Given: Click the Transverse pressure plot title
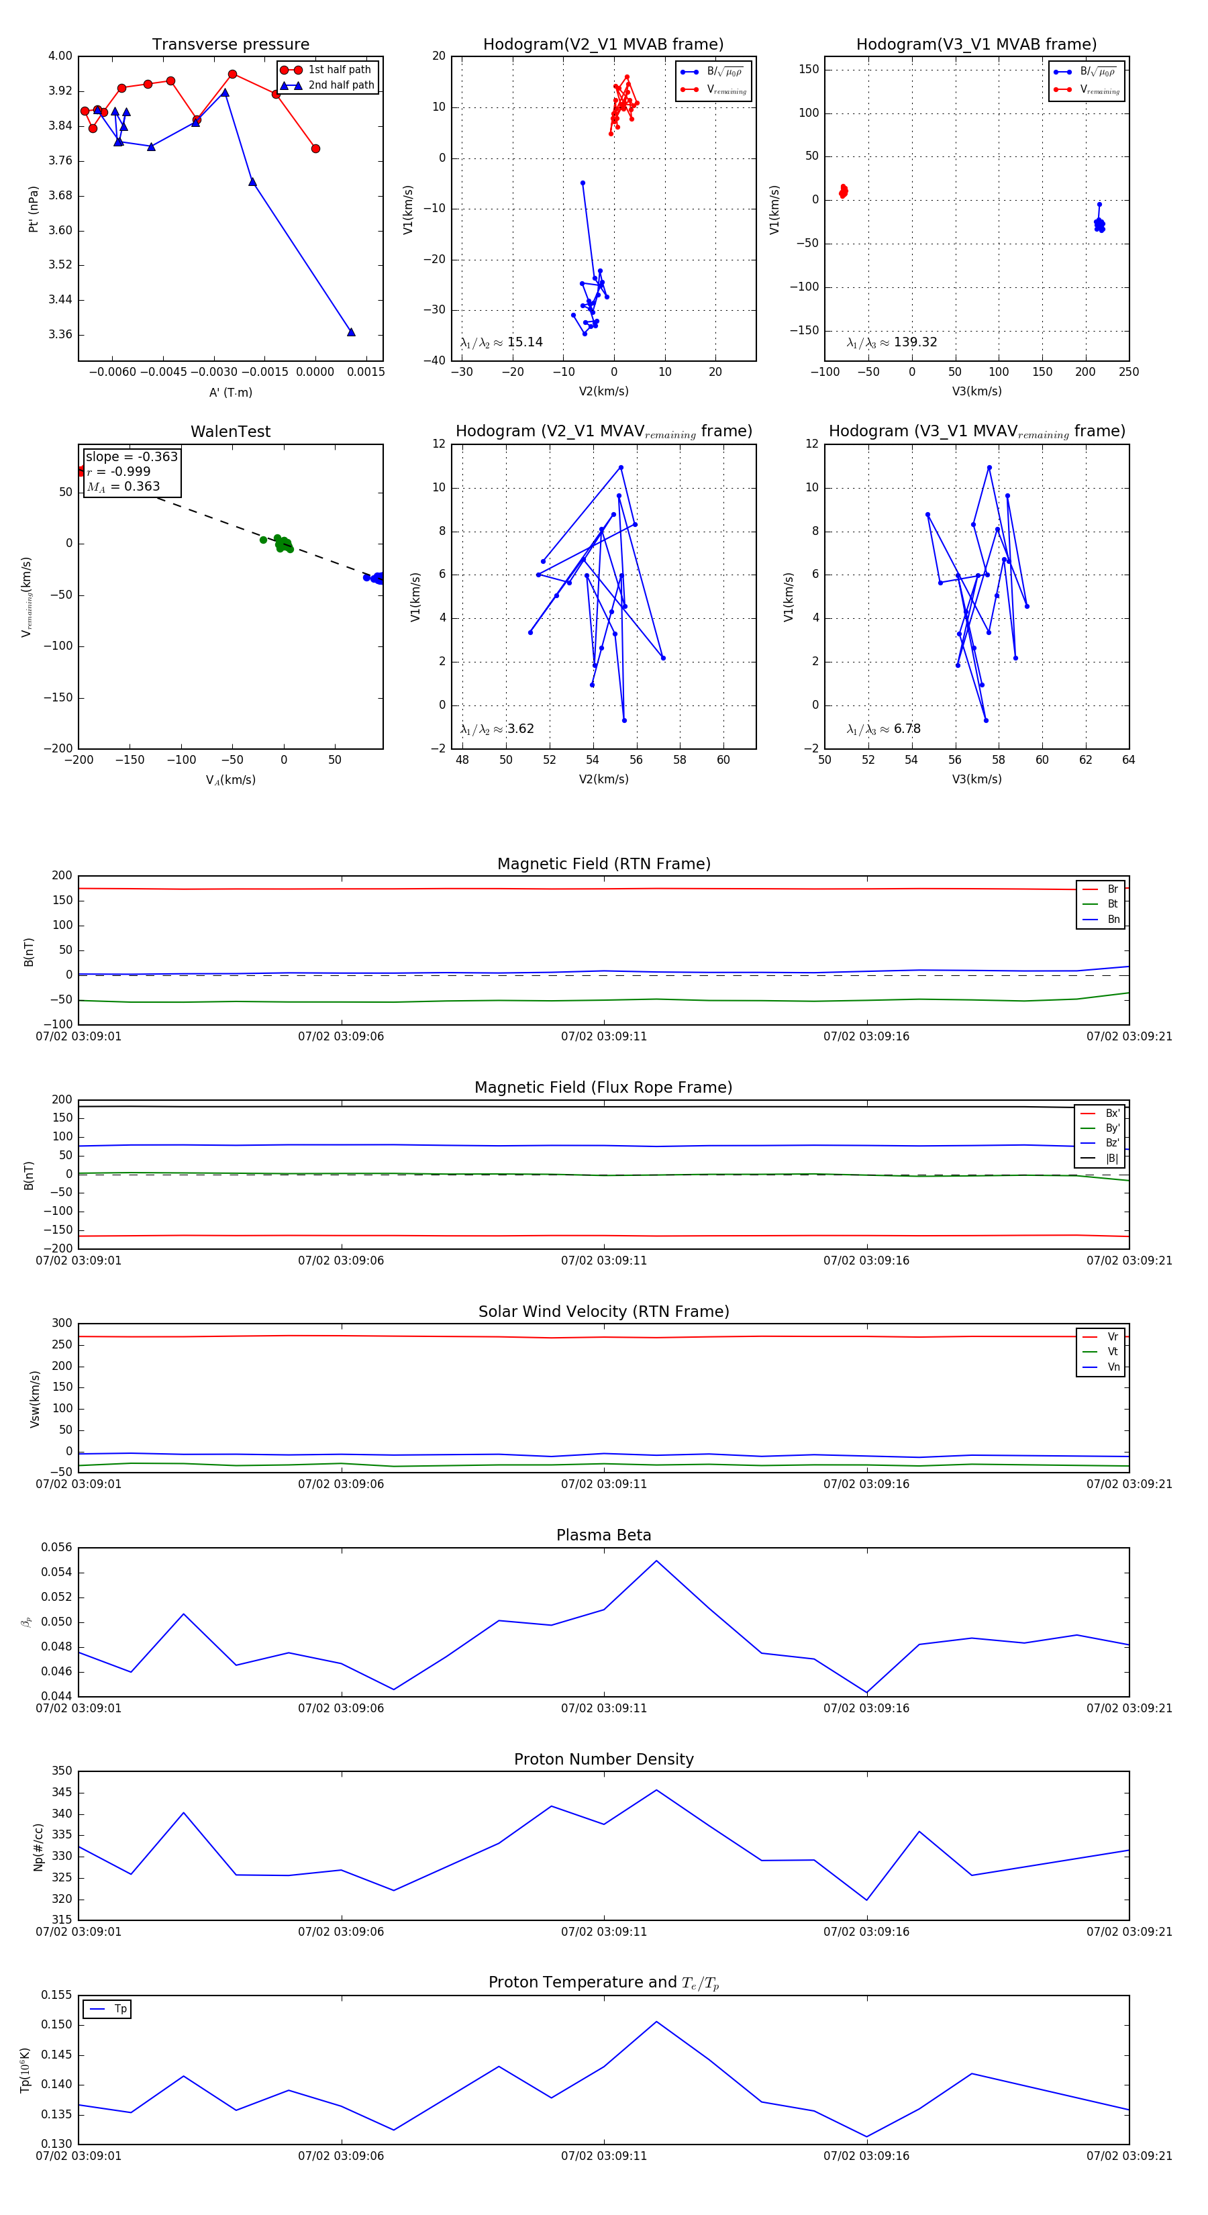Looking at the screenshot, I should tap(230, 45).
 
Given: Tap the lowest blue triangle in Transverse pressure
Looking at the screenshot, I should tap(351, 332).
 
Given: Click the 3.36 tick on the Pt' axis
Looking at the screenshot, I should tap(60, 334).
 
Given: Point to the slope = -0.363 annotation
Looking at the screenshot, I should tap(132, 456).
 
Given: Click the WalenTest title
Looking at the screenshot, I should tap(230, 432).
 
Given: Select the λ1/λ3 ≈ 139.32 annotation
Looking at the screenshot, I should tap(892, 342).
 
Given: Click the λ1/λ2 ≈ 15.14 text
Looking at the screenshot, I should tap(501, 342).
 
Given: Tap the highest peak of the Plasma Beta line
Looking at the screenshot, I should tap(657, 1561).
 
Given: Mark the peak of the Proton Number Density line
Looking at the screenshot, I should tap(657, 1790).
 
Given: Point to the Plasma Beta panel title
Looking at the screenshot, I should tap(603, 1535).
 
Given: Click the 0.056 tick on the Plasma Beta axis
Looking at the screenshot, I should tap(57, 1548).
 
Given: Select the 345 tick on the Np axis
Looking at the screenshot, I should tap(62, 1793).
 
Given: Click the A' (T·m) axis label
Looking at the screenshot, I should tap(230, 392).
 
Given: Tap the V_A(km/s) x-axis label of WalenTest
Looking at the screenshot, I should tap(230, 780).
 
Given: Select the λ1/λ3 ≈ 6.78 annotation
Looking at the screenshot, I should tap(883, 729).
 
